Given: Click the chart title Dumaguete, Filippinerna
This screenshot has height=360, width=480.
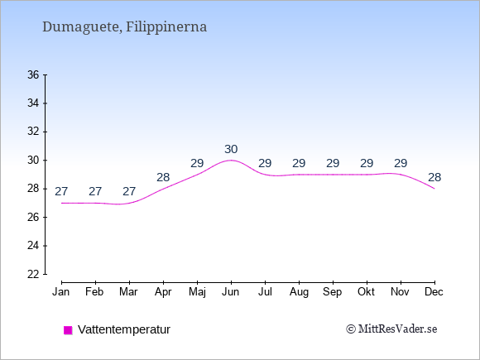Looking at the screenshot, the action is (125, 26).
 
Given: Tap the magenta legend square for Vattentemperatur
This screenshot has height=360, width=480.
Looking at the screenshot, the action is (68, 330).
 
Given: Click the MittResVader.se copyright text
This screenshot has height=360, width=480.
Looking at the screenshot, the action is (391, 329).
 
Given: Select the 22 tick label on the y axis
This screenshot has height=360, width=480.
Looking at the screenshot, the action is (33, 274).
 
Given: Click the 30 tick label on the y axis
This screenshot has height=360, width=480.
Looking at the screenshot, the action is (33, 160).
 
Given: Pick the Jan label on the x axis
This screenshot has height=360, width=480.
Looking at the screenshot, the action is (61, 292).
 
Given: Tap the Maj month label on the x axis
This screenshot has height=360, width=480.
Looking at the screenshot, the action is (197, 292).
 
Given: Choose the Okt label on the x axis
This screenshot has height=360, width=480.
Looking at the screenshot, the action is (366, 292).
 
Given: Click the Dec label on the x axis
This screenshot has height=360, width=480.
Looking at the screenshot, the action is (434, 292).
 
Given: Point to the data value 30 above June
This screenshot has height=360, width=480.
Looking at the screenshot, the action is (231, 150).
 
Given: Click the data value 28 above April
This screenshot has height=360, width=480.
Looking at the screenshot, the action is (163, 177).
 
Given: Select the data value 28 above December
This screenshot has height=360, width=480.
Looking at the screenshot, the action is (434, 177).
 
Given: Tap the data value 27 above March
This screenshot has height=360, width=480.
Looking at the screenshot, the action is (129, 192).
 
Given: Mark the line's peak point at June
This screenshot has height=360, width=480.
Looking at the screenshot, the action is (231, 160).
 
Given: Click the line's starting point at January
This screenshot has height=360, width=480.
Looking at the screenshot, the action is (61, 203).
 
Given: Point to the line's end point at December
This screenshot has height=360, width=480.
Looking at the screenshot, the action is (434, 189).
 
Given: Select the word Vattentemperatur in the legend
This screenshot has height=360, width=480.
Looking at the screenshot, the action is (124, 329).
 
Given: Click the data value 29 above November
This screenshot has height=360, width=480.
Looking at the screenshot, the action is (401, 164).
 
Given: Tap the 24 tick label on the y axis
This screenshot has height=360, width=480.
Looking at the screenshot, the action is (33, 246).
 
